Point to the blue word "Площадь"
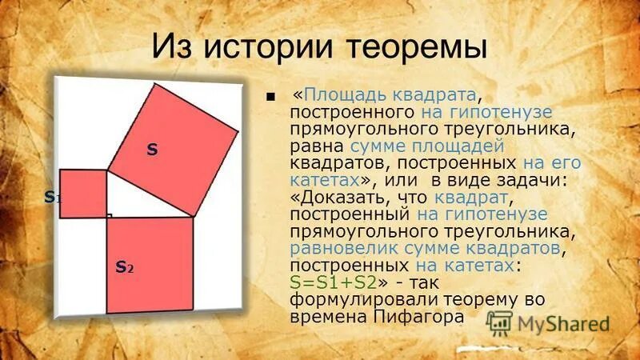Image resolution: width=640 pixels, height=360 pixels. (339, 94)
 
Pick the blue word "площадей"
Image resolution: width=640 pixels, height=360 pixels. (458, 146)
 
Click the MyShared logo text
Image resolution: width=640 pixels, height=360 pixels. (563, 324)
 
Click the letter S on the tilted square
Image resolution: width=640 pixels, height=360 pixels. (151, 150)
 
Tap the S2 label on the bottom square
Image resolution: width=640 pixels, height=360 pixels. (124, 266)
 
